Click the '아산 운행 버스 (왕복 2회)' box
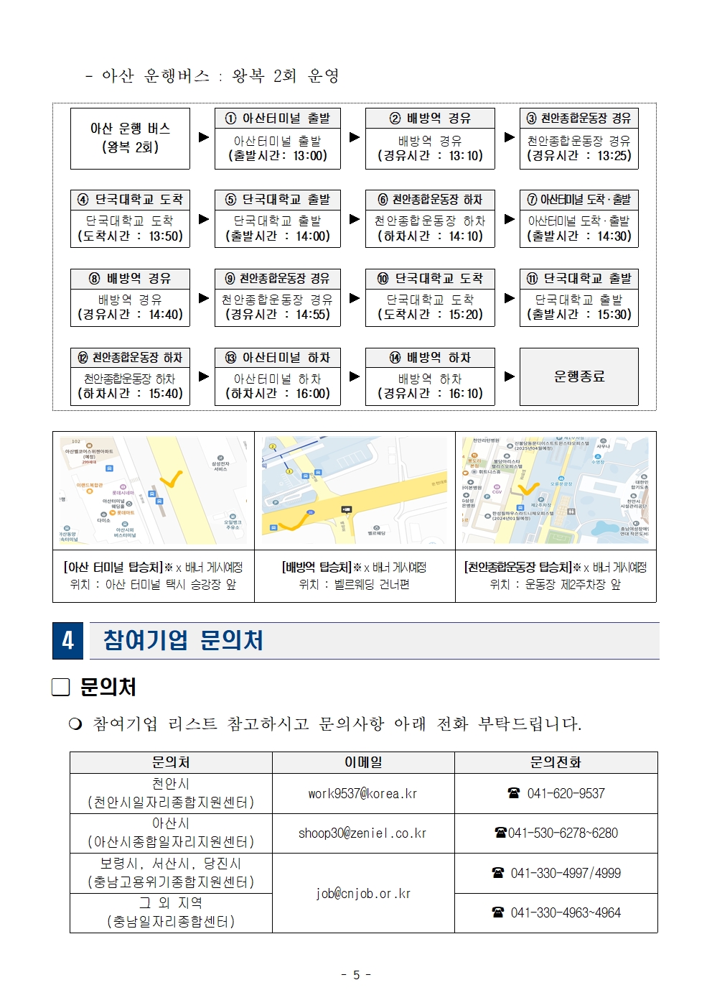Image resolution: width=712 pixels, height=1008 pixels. coord(130,138)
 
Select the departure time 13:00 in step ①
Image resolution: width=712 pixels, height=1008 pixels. coord(309,156)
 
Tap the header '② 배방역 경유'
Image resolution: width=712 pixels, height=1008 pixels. coord(430,119)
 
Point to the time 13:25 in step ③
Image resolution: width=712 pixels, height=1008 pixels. coord(614,156)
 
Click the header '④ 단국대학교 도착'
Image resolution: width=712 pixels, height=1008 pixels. coord(130,199)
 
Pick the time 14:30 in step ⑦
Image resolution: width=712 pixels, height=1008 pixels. coord(614,236)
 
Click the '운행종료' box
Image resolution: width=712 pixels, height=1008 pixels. coord(578,376)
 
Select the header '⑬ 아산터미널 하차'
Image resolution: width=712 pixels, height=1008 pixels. coord(277,358)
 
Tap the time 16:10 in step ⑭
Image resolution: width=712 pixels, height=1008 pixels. coord(466,394)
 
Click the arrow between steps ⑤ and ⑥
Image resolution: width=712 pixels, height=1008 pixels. coord(354,219)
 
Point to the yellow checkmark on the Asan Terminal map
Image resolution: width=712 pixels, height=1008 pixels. coord(172,478)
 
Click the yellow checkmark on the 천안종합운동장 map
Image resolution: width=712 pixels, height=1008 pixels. coord(528,489)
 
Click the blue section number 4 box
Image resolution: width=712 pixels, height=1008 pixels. coord(67,640)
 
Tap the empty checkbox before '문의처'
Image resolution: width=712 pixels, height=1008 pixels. coord(61,688)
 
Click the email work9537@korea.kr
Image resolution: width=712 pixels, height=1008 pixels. coord(362,794)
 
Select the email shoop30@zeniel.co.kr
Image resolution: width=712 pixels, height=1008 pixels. coord(362,833)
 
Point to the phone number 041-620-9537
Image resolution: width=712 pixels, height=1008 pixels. coord(566,794)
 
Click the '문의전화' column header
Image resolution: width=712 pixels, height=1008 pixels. coord(556,762)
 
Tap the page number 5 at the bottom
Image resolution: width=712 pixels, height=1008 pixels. coord(356,975)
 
